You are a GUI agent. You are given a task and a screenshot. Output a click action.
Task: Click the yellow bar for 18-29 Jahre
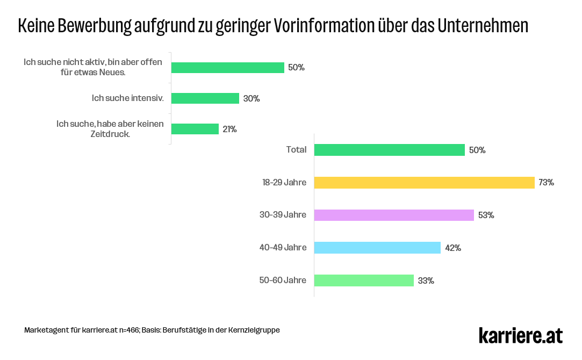tap(424, 183)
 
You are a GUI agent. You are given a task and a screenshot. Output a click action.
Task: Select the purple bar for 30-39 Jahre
tap(394, 215)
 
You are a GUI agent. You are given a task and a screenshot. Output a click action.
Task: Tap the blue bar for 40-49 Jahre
tap(377, 248)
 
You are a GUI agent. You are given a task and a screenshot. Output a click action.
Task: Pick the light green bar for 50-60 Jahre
tap(364, 280)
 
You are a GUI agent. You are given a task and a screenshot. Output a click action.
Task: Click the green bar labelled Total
tap(389, 150)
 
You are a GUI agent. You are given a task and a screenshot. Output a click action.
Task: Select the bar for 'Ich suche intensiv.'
tap(205, 98)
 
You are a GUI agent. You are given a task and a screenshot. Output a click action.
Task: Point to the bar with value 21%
tap(195, 129)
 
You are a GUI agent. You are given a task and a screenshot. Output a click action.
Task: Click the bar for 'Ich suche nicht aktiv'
tap(227, 68)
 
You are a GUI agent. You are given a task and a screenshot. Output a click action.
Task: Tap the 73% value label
tap(546, 183)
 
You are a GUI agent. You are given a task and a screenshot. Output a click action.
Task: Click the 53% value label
tap(486, 215)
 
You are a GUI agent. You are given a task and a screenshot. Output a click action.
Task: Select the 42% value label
tap(453, 248)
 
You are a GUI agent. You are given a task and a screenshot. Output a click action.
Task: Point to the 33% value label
tap(426, 281)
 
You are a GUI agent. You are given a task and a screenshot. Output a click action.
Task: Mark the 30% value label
tap(252, 99)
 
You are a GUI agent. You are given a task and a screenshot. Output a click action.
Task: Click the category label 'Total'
tap(296, 150)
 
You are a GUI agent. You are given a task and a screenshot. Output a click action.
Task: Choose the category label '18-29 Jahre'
tap(284, 183)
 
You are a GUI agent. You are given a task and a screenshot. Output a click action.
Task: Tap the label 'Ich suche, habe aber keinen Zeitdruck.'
tap(110, 129)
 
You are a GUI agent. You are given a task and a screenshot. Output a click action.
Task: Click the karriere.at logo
tap(520, 335)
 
